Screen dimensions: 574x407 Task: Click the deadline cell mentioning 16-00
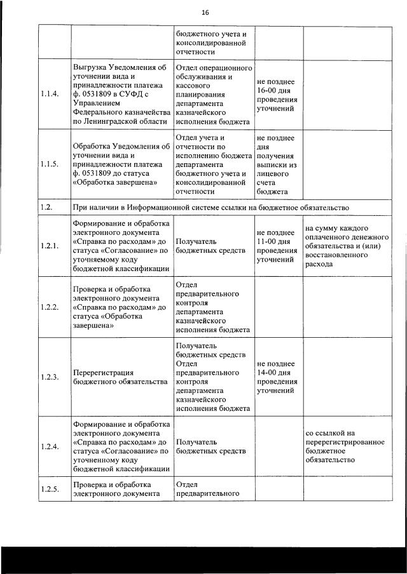[x=277, y=95]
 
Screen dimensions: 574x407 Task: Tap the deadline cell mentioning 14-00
[x=277, y=377]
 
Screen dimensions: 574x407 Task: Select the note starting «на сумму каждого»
[x=337, y=246]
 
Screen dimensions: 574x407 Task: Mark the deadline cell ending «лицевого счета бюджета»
[x=277, y=164]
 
